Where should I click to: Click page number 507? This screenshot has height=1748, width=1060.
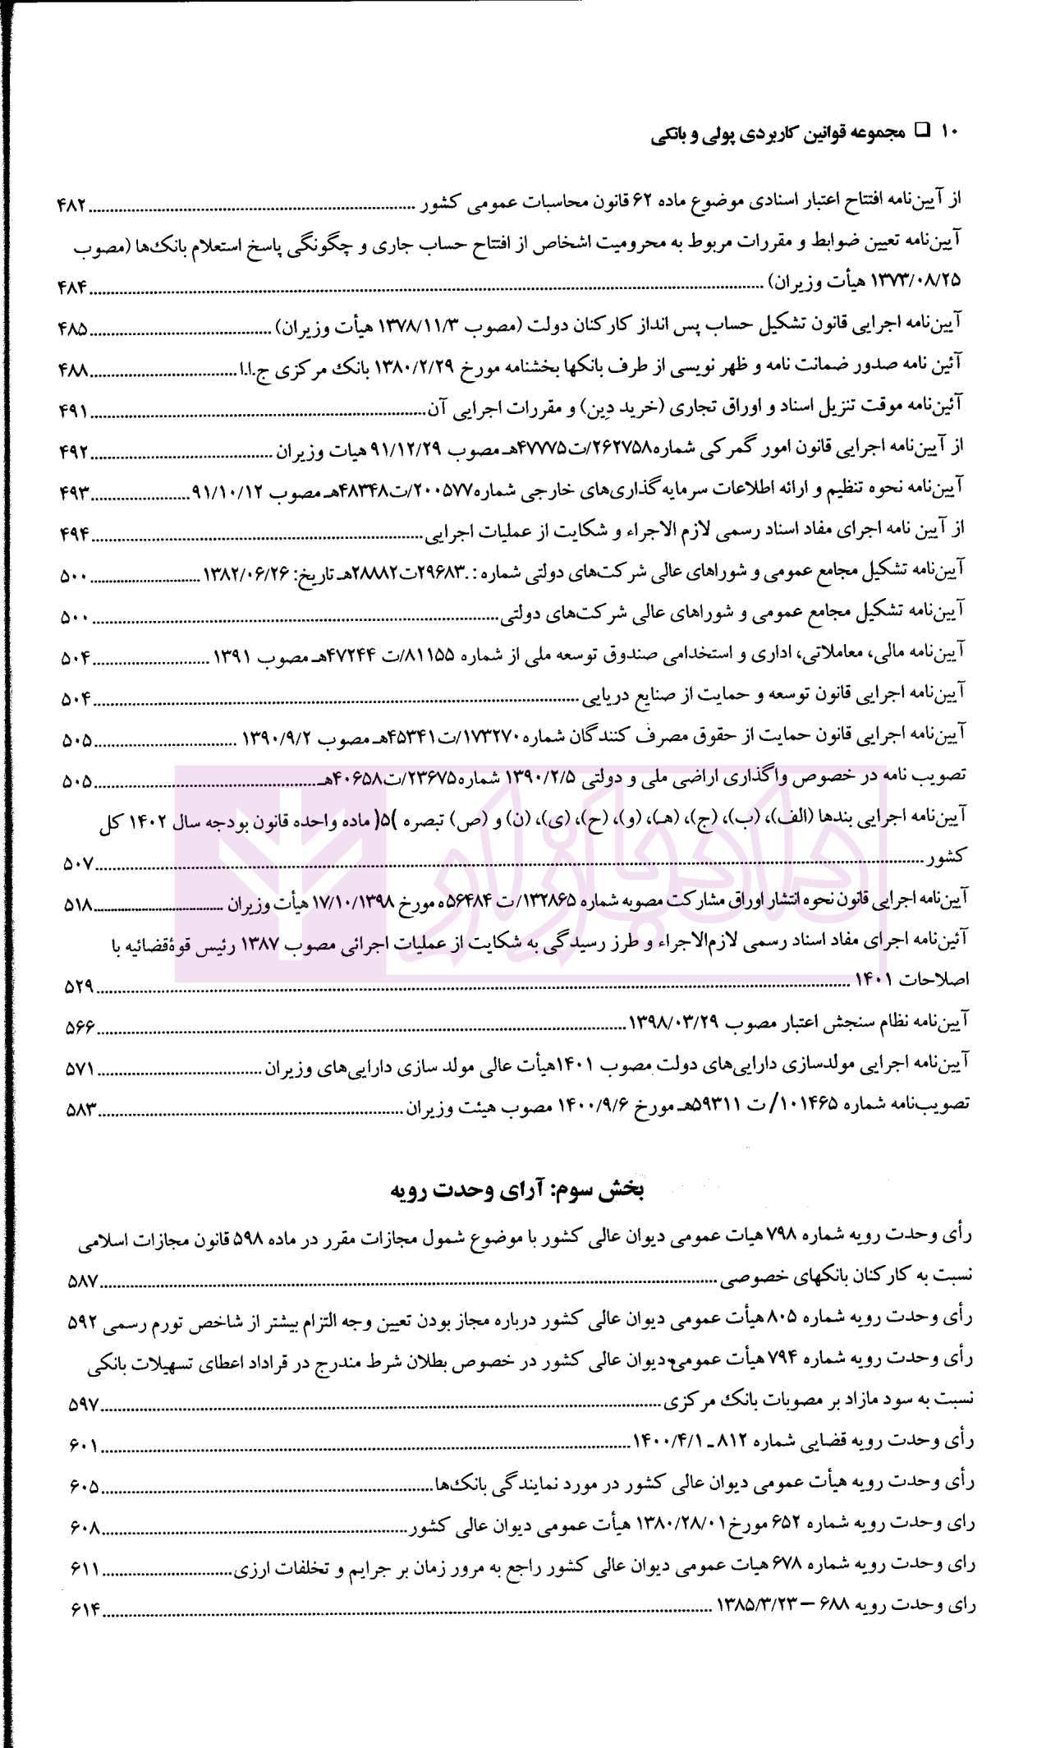click(x=77, y=863)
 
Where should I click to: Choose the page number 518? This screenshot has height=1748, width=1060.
click(x=77, y=905)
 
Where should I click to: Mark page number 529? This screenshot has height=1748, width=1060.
click(x=79, y=987)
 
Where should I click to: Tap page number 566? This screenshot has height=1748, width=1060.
click(x=79, y=1028)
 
